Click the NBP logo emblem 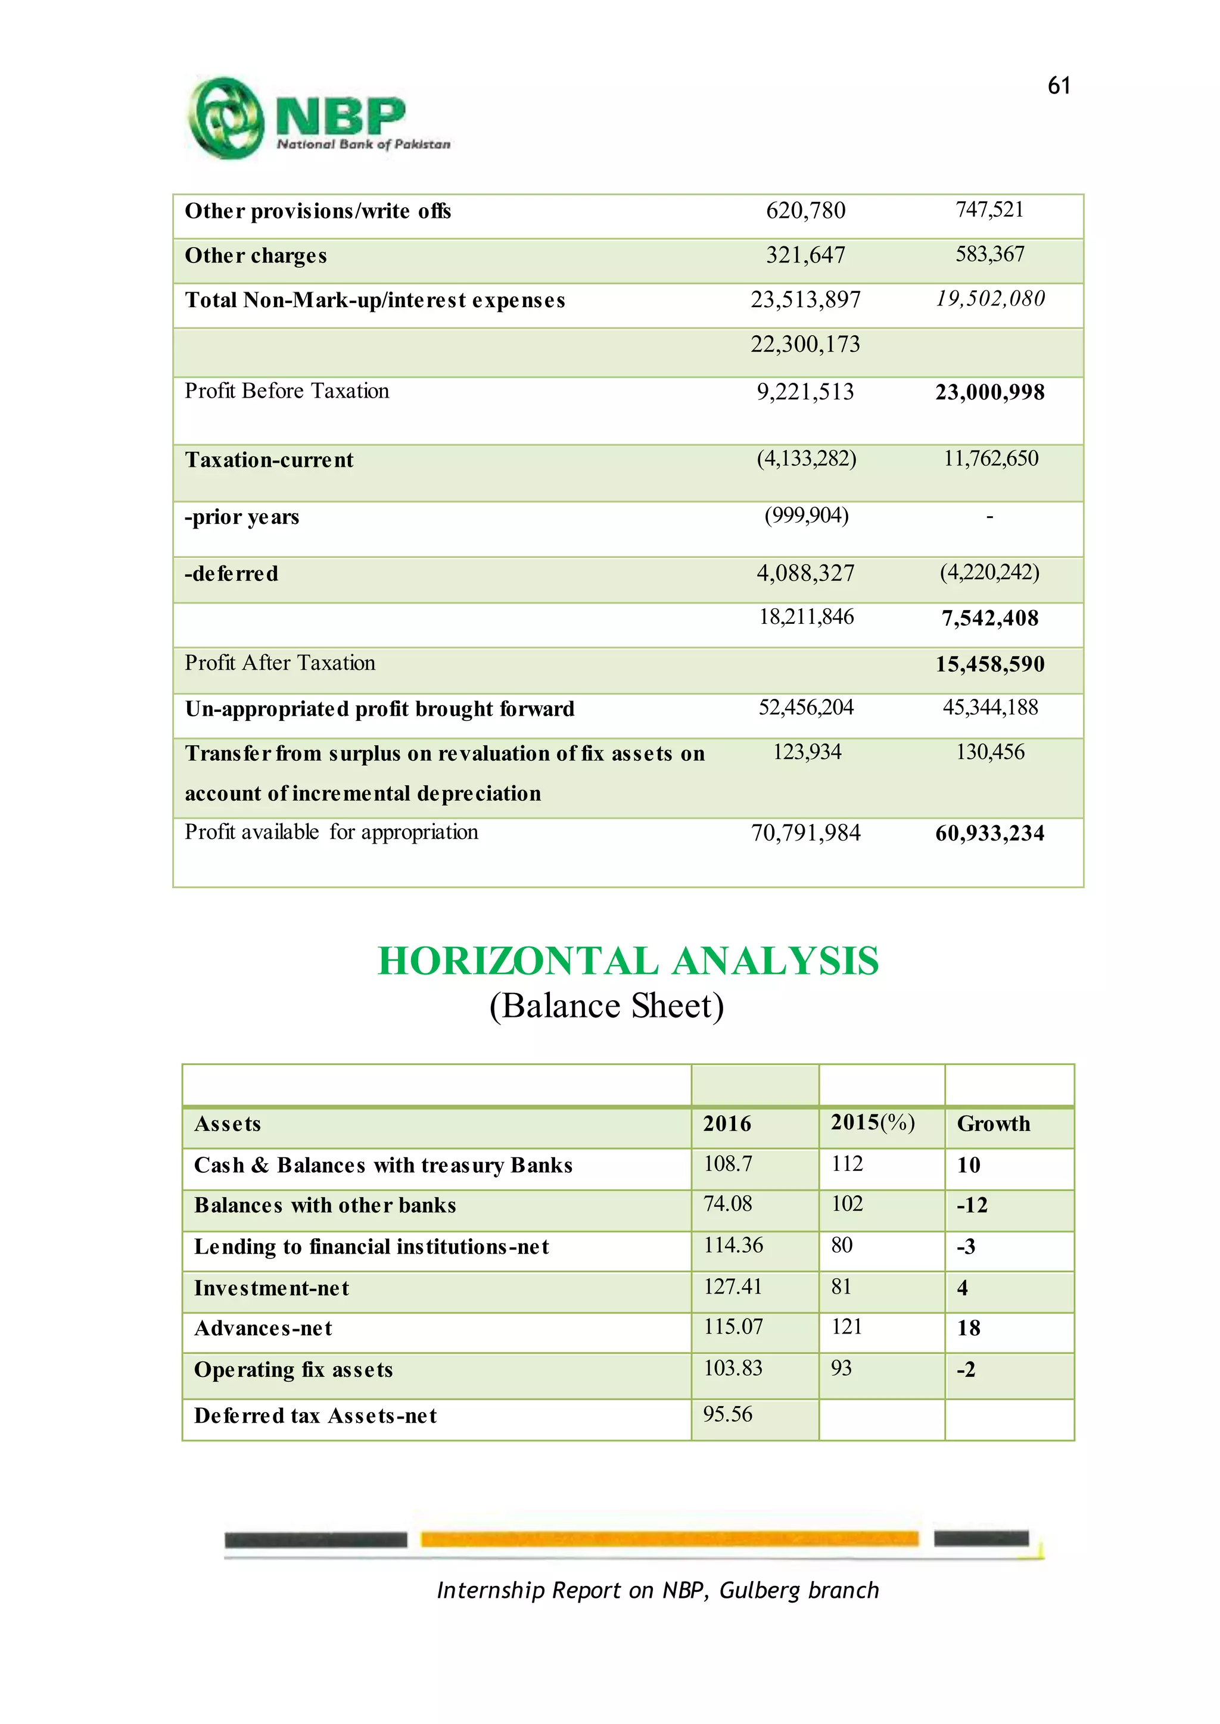(225, 118)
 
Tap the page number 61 (1059, 86)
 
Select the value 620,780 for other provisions (805, 210)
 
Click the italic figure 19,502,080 (989, 299)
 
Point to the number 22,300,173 (805, 344)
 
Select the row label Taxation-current (269, 460)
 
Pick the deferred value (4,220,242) (989, 572)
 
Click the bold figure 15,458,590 (989, 664)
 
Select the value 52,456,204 (805, 707)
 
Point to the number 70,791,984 (805, 833)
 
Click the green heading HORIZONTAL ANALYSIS (627, 961)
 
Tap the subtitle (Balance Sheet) (606, 1006)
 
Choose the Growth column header (993, 1123)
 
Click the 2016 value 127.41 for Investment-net (733, 1286)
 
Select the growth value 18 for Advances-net (969, 1328)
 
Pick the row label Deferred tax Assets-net (316, 1416)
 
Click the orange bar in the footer (668, 1539)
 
